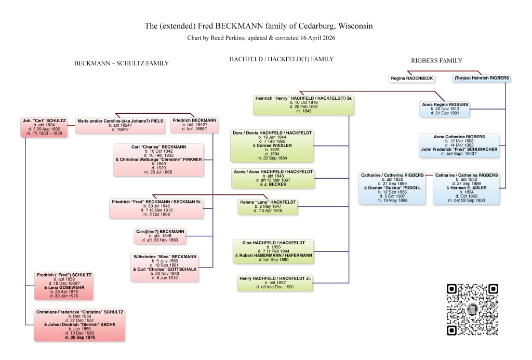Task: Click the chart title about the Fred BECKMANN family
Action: pyautogui.click(x=258, y=26)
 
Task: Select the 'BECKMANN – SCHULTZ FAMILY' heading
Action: pyautogui.click(x=121, y=63)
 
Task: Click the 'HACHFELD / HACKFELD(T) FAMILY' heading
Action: pyautogui.click(x=281, y=59)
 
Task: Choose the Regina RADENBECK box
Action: pyautogui.click(x=412, y=78)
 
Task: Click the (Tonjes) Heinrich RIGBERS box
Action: pyautogui.click(x=481, y=78)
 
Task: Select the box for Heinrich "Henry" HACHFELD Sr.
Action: pyautogui.click(x=304, y=104)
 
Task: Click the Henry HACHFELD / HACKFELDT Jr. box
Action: pyautogui.click(x=276, y=283)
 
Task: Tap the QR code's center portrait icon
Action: pyautogui.click(x=472, y=309)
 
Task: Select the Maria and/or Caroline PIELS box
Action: pyautogui.click(x=119, y=125)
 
